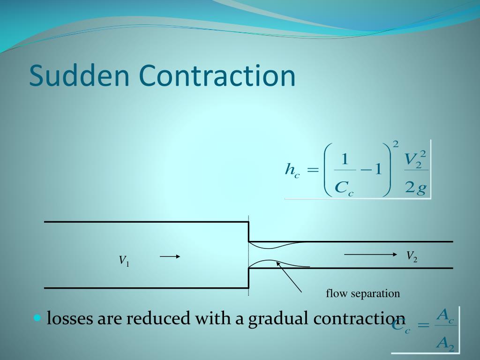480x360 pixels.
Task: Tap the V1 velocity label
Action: pos(124,261)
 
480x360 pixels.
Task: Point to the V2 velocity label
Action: pos(412,255)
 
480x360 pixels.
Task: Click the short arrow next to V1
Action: pos(170,256)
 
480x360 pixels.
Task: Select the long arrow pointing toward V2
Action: pos(370,254)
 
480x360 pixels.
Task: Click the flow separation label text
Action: pos(363,294)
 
